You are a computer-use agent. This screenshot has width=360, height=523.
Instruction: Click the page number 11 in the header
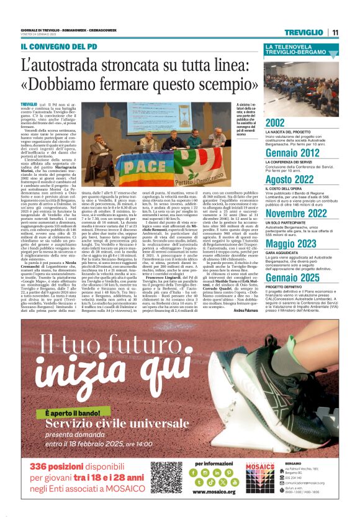click(335, 32)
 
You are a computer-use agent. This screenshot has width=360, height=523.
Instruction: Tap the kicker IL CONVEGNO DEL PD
click(58, 47)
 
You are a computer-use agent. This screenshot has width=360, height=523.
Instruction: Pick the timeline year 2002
click(276, 123)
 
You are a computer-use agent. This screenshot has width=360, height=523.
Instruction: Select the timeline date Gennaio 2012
click(292, 153)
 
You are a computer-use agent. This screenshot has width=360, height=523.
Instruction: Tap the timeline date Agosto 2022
click(292, 180)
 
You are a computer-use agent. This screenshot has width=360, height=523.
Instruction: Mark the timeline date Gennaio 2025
click(292, 278)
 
